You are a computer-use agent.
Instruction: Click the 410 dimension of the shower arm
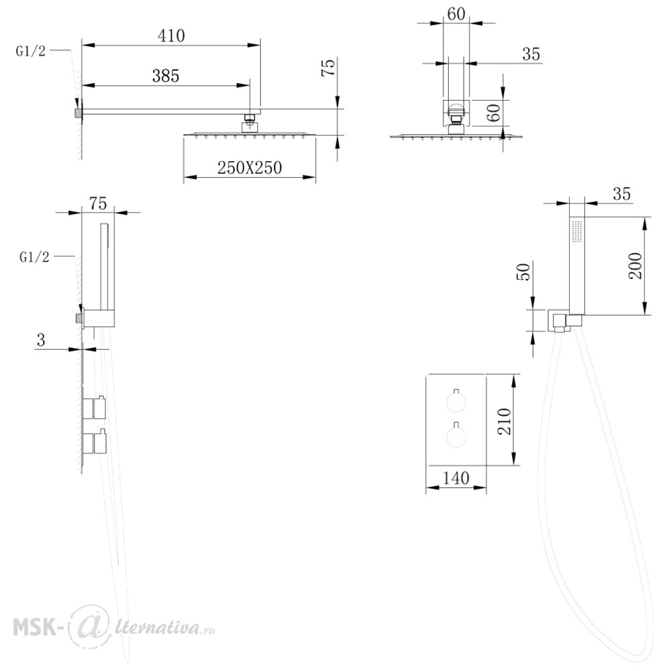click(171, 36)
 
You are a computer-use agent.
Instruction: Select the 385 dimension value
click(166, 76)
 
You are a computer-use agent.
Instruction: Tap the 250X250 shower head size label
click(250, 167)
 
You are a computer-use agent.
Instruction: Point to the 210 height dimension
click(505, 421)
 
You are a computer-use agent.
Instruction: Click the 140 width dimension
click(456, 478)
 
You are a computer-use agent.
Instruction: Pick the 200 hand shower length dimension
click(635, 266)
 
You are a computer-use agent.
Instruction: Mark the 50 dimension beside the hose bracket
click(524, 272)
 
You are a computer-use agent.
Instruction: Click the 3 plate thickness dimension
click(41, 340)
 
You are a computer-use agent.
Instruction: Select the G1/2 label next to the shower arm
click(30, 52)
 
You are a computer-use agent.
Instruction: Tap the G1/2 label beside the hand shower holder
click(34, 257)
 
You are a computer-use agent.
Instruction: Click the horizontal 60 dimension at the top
click(456, 14)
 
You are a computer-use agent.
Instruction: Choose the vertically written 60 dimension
click(493, 113)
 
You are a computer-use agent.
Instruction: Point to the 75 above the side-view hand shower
click(98, 203)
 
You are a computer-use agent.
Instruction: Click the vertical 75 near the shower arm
click(328, 68)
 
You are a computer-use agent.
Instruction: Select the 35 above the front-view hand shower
click(621, 194)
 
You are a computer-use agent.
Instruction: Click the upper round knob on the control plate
click(456, 401)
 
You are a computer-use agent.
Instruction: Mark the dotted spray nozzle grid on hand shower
click(577, 232)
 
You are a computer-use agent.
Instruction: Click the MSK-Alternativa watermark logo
click(114, 628)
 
